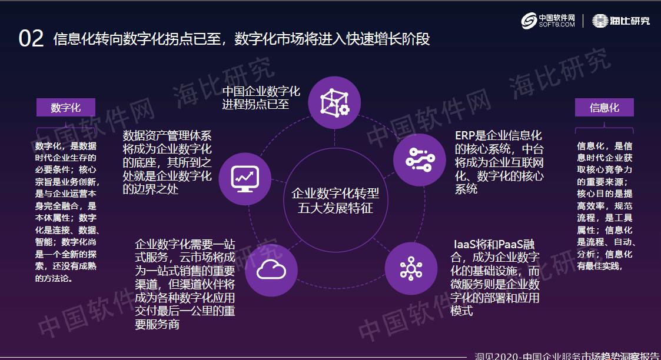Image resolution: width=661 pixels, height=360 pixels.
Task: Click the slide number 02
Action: (31, 39)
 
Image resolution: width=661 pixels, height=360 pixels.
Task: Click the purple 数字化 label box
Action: (66, 108)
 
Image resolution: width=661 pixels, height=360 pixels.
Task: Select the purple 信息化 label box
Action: (604, 108)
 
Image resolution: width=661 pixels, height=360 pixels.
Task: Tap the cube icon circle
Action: (334, 102)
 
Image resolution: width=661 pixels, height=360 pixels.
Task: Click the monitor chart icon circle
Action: (245, 175)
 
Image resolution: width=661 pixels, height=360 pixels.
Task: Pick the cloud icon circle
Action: (271, 271)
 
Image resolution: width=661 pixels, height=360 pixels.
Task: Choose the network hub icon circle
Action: (411, 268)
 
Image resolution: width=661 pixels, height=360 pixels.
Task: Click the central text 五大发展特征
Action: (335, 208)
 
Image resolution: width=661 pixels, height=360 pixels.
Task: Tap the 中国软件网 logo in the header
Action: (548, 21)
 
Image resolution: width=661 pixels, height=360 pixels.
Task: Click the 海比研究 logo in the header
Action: (621, 21)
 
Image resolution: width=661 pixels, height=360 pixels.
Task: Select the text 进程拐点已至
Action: (255, 105)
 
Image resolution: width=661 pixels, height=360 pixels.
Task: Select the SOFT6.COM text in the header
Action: (556, 25)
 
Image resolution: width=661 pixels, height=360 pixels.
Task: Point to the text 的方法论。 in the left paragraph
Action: (55, 278)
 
